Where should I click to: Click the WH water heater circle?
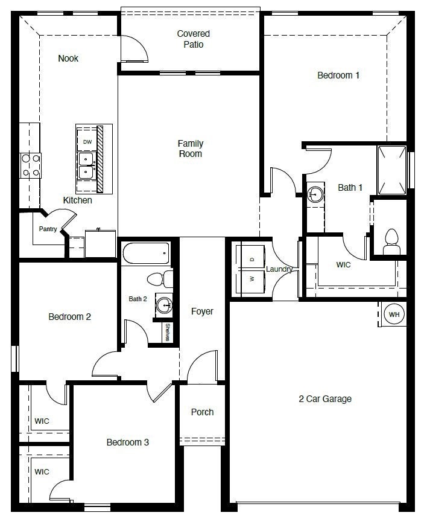pos(394,315)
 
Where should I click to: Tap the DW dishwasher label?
pos(87,142)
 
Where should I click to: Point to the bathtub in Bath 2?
pos(146,254)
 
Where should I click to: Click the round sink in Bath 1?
pos(315,194)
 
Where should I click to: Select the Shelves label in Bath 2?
pos(167,333)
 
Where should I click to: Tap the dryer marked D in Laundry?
pos(251,259)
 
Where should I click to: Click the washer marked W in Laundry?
pos(251,279)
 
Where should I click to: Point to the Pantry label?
pos(48,229)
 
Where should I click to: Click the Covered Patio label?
pos(193,39)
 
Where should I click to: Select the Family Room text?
pos(190,149)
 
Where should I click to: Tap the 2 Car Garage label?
pos(324,398)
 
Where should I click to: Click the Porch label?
pos(202,412)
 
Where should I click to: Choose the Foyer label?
pos(202,311)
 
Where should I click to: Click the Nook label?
pos(68,59)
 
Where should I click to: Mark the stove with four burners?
pos(31,165)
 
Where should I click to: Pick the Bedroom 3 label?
pos(127,442)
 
